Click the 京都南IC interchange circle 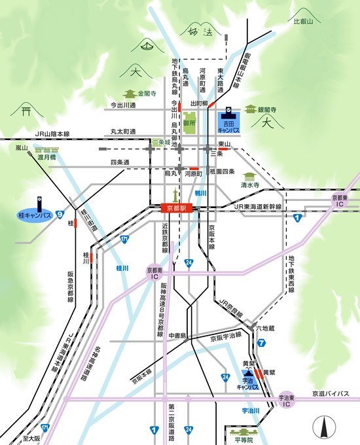pyautogui.click(x=156, y=273)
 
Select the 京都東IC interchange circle pyautogui.click(x=340, y=201)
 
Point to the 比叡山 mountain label pyautogui.click(x=304, y=22)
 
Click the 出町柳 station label pyautogui.click(x=199, y=103)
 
